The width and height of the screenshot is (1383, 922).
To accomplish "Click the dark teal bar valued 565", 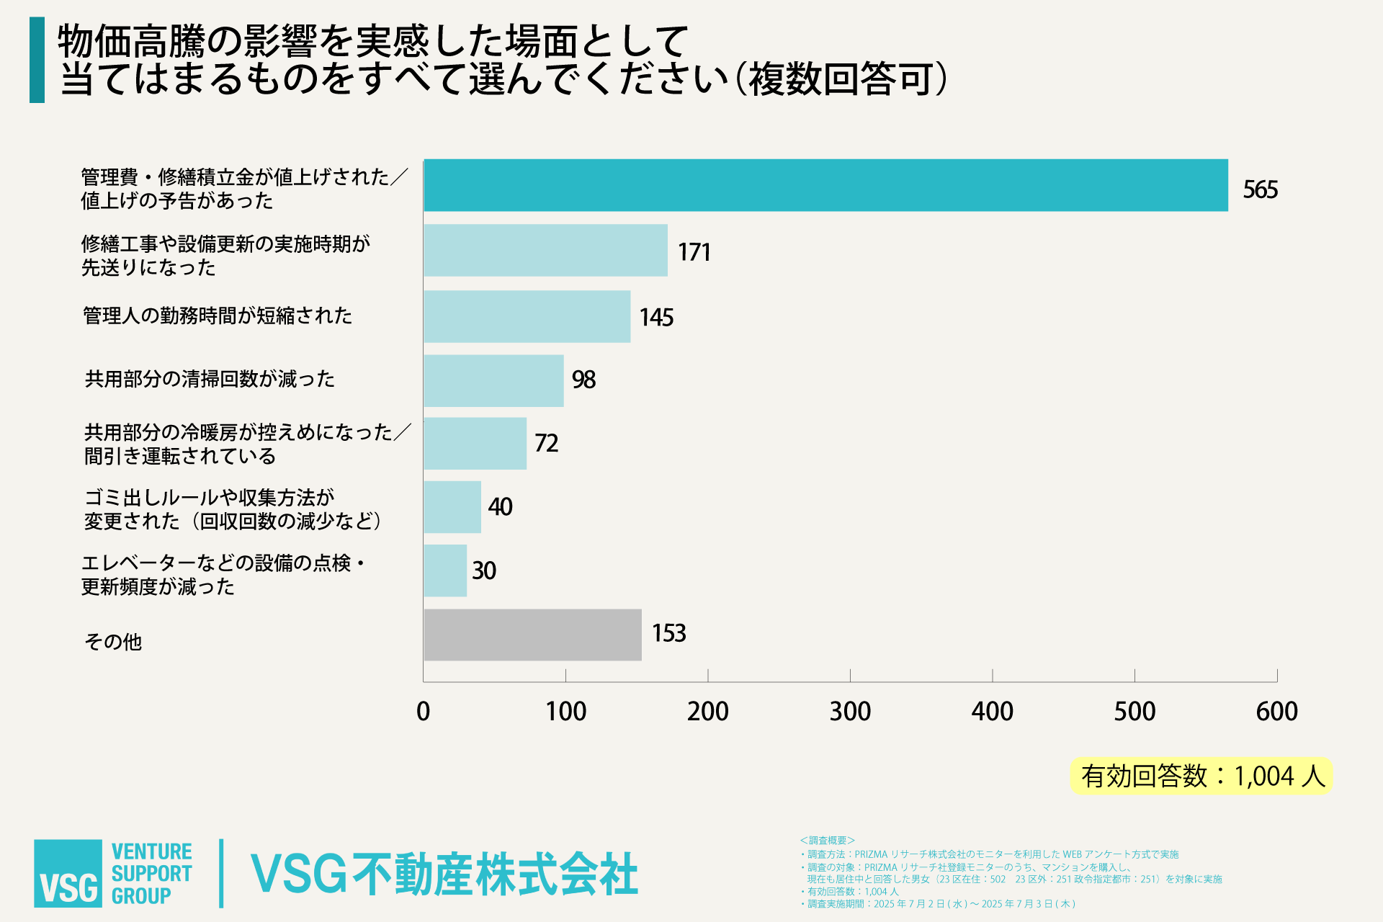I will tap(825, 185).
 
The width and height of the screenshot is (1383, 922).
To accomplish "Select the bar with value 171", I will tap(545, 250).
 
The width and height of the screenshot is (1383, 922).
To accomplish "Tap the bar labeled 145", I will tap(527, 316).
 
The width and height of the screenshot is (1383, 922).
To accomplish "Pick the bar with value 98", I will tap(493, 380).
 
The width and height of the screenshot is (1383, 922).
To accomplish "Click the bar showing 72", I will tap(475, 443).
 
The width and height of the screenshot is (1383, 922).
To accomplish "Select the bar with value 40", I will tap(452, 506).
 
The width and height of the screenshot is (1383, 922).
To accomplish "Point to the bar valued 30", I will tap(445, 570).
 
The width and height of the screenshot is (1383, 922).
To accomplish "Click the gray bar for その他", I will tap(532, 635).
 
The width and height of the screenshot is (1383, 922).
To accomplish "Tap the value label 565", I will tap(1260, 189).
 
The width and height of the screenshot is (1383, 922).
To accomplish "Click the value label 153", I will tap(668, 633).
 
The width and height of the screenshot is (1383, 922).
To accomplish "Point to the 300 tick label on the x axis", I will tap(850, 712).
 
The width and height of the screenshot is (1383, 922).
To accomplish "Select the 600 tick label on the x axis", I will tap(1276, 712).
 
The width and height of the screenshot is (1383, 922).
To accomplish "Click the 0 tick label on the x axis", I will tap(424, 712).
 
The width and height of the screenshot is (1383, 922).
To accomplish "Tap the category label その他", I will tap(113, 641).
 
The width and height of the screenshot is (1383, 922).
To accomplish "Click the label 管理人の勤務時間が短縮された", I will tap(218, 315).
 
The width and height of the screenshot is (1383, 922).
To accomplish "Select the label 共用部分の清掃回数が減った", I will tap(210, 379).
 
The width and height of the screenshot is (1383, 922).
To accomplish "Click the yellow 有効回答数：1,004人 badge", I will tap(1201, 776).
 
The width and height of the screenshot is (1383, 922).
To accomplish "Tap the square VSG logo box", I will tap(68, 873).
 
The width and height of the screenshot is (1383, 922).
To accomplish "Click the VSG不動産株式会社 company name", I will tap(444, 874).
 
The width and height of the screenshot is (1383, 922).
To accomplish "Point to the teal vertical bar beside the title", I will tap(37, 60).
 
